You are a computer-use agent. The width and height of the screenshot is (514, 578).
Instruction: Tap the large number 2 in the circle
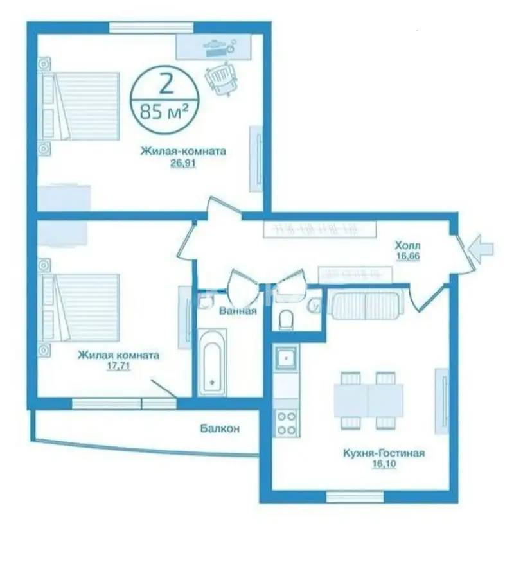[165, 83]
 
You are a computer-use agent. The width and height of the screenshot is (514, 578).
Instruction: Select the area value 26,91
[183, 163]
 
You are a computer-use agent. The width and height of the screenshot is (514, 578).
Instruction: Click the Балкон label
[219, 429]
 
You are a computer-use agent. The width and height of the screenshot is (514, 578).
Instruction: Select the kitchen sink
[285, 356]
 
